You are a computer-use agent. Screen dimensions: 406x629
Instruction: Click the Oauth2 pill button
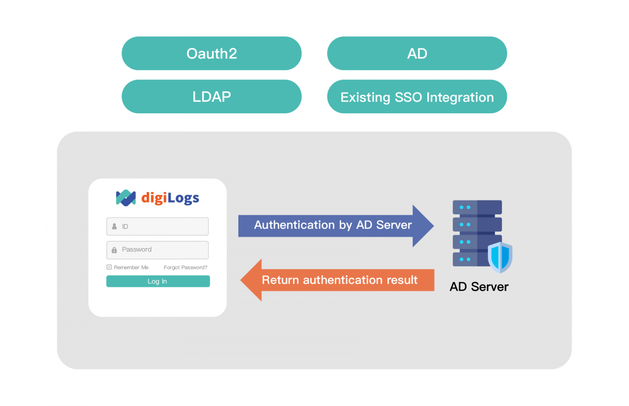click(211, 54)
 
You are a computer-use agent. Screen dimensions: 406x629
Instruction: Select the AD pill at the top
click(417, 54)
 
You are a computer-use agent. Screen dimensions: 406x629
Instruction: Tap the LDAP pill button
click(211, 97)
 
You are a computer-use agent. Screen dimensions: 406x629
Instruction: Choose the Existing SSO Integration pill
click(417, 97)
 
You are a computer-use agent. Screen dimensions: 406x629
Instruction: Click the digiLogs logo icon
click(126, 198)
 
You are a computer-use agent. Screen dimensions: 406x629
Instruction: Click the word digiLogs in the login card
click(170, 198)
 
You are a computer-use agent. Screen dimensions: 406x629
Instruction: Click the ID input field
click(164, 226)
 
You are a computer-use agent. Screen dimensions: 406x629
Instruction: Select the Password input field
click(164, 250)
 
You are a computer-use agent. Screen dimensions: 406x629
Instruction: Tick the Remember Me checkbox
click(109, 267)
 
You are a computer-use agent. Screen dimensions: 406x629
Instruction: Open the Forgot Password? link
click(185, 267)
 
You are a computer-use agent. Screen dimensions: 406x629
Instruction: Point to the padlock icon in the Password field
click(114, 250)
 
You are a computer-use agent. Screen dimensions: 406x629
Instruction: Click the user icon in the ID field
click(114, 226)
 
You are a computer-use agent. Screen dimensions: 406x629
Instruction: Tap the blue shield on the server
click(500, 257)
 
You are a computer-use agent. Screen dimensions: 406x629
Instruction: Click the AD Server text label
click(479, 286)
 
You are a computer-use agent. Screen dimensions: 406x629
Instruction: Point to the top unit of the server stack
click(477, 207)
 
